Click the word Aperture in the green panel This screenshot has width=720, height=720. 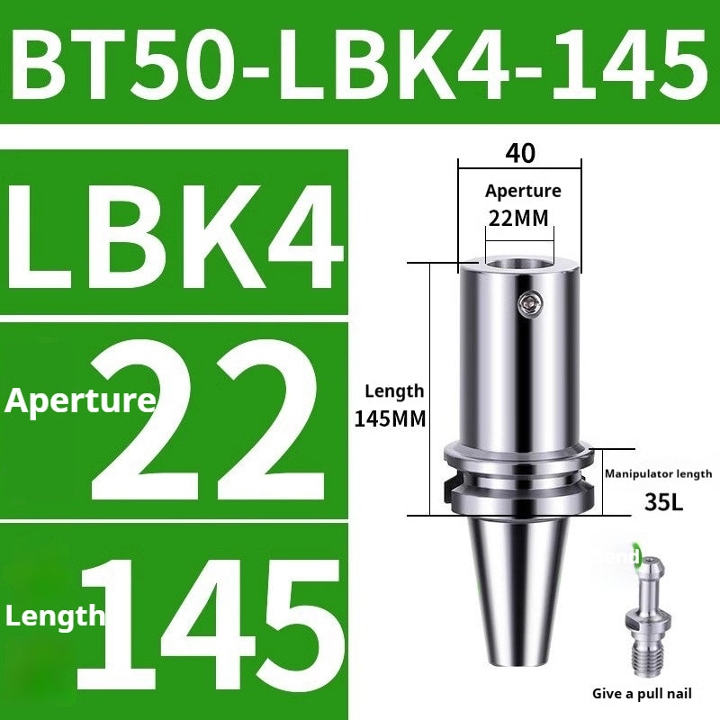(79, 400)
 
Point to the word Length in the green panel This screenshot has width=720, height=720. (55, 616)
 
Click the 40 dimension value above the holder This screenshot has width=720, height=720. (520, 154)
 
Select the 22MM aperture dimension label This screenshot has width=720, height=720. (518, 217)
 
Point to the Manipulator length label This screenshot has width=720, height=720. (658, 473)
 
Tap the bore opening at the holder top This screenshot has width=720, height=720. (519, 264)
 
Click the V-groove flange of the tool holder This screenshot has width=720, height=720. (519, 478)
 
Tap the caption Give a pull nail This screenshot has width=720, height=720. (641, 694)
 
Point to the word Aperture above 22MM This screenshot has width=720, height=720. (522, 191)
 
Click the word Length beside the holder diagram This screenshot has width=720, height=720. (393, 391)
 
